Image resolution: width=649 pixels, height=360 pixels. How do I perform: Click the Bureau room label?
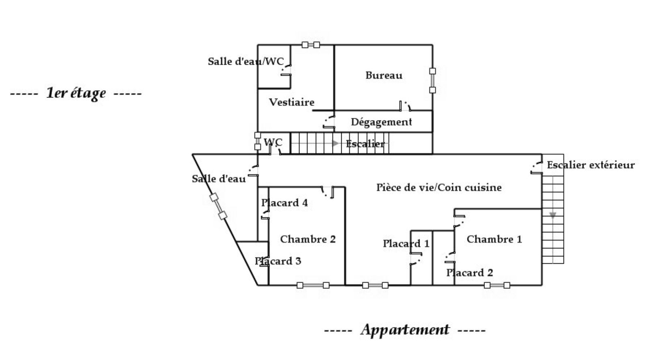point(384,75)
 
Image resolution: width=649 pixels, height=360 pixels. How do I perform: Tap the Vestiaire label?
point(292,102)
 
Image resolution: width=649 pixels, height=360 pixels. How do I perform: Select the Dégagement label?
point(381,122)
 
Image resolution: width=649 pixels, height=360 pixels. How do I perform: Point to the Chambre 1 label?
point(494,239)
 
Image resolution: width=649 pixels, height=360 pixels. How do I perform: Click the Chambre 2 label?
point(308,239)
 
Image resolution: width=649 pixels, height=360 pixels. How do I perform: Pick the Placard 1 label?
point(406,244)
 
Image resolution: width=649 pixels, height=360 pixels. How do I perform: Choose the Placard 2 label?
point(470,273)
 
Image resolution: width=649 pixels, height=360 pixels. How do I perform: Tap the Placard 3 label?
point(278,261)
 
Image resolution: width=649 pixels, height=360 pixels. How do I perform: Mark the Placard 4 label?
point(284,203)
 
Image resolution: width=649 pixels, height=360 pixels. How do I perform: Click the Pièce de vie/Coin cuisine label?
point(439,188)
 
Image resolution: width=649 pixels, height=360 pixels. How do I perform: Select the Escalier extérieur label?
point(591,165)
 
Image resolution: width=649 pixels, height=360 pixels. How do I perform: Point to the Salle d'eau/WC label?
point(246,62)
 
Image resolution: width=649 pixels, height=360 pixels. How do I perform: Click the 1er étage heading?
point(76,93)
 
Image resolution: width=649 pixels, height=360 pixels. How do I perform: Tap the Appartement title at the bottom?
point(405,330)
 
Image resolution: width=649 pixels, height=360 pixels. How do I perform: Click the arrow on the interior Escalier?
point(335,143)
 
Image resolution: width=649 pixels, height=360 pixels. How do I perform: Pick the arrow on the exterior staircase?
point(552,215)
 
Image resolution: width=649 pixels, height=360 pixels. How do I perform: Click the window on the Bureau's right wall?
point(432,80)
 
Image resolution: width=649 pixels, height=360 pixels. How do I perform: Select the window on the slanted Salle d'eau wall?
point(218,207)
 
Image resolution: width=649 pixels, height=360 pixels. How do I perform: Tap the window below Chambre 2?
point(313,285)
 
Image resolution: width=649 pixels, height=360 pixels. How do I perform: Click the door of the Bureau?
point(405,106)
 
